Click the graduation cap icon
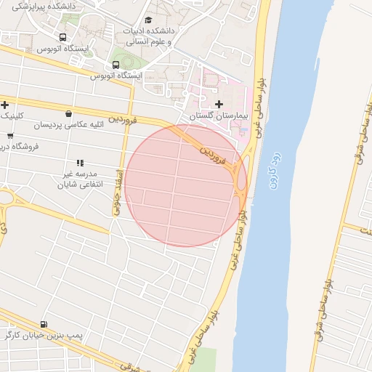pos(149,21)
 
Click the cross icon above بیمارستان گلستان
pos(219,104)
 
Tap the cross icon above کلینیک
pos(5,105)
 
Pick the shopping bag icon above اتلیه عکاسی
pos(68,113)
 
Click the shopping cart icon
pos(10,135)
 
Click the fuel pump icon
pos(45,324)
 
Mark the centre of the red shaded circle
pos(186,185)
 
